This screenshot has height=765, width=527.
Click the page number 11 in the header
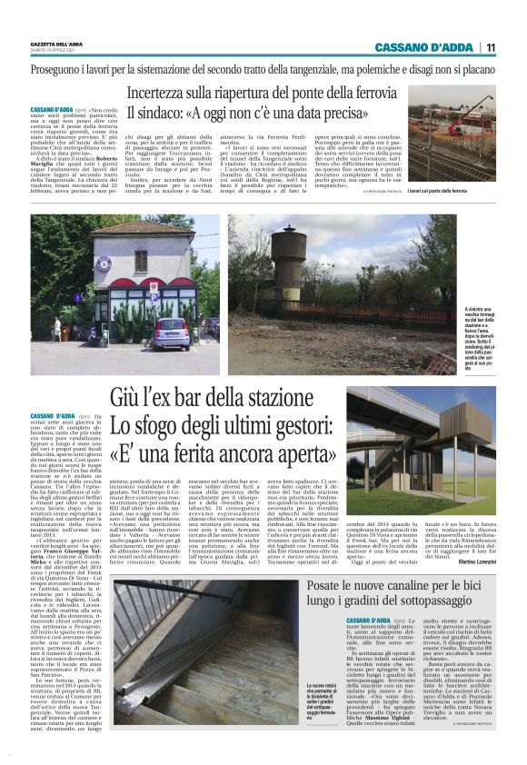pos(514,47)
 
